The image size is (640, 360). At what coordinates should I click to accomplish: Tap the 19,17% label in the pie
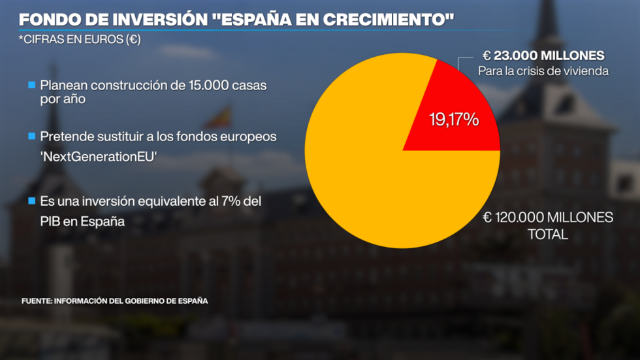click(454, 120)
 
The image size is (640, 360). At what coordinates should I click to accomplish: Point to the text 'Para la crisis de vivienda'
click(543, 71)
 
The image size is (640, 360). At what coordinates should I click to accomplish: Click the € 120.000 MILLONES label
click(547, 218)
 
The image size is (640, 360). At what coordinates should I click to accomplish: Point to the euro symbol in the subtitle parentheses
click(132, 39)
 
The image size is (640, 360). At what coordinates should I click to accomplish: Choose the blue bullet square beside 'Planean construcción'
click(31, 86)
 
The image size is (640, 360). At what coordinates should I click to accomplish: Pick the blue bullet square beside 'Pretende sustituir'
click(31, 137)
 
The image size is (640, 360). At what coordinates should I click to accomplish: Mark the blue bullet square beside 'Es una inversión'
click(31, 203)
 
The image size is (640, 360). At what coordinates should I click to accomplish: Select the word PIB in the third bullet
click(52, 221)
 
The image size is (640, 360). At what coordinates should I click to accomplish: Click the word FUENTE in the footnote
click(36, 301)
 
